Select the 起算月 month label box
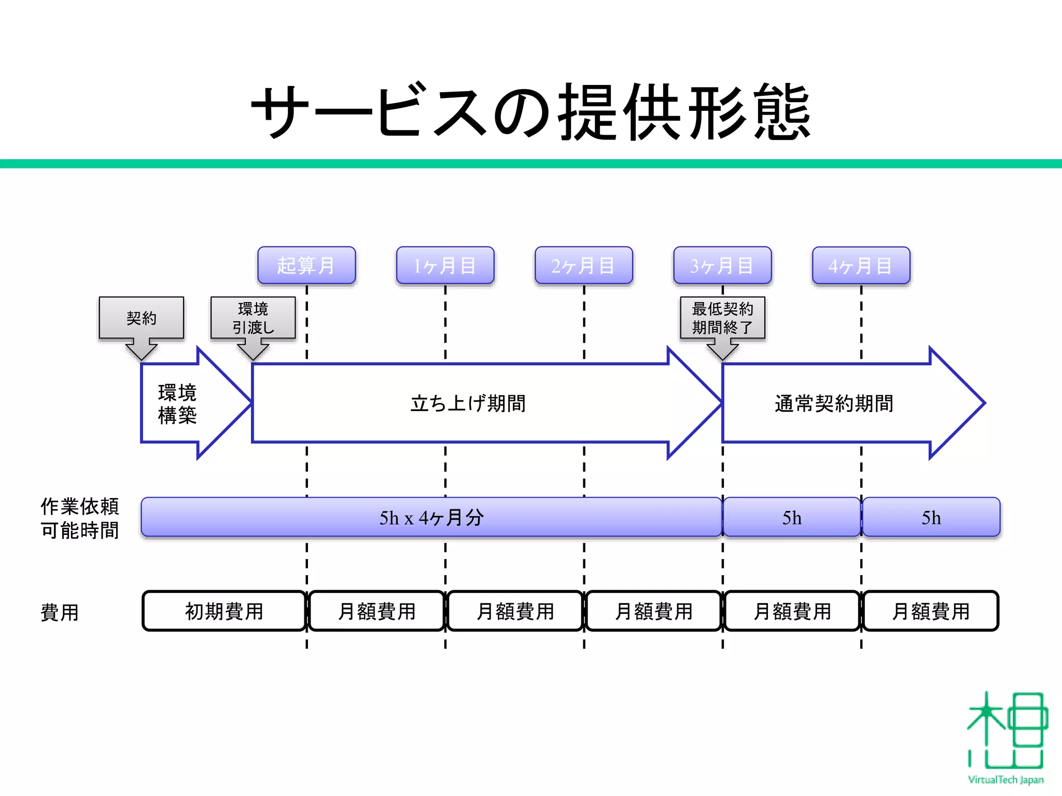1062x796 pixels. coord(306,265)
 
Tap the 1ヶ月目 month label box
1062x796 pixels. coord(445,265)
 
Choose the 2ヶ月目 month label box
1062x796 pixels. coord(583,265)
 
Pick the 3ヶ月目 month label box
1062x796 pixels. coord(722,265)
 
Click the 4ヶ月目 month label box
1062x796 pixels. coord(861,265)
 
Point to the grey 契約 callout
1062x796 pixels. coord(141,318)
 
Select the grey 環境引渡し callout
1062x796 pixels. coord(253,318)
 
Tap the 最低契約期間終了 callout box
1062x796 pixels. coord(722,318)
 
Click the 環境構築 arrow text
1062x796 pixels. coord(177,404)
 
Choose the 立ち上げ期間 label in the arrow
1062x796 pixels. coord(468,403)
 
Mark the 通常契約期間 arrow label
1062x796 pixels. coord(834,403)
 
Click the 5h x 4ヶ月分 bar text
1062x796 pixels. coord(431,517)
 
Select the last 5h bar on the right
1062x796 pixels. coord(931,517)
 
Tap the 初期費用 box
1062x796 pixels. coord(224,611)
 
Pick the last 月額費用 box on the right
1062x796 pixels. coord(931,611)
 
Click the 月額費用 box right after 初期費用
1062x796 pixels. coord(377,611)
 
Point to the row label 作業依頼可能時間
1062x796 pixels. coord(80,518)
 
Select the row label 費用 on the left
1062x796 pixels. coord(60,612)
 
